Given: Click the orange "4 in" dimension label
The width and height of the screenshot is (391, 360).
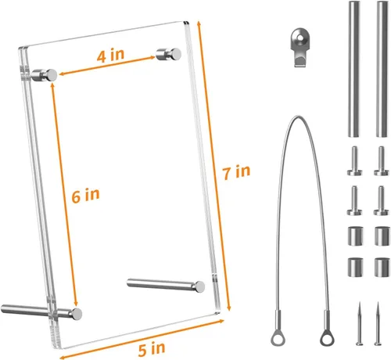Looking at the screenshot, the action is [x=110, y=55].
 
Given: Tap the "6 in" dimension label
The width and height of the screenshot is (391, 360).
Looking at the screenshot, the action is [x=86, y=196].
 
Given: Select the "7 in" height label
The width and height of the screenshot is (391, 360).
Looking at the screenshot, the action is [x=236, y=172].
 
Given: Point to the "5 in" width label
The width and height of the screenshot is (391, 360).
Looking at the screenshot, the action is [x=152, y=349].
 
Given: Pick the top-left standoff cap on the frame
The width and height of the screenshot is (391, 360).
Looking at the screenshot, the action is [x=45, y=75].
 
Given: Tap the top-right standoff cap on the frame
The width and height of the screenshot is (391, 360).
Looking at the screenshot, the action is [x=169, y=54].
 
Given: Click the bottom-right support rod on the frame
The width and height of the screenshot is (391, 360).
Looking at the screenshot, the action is [x=166, y=285].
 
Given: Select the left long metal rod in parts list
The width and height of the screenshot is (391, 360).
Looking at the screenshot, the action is [x=354, y=69].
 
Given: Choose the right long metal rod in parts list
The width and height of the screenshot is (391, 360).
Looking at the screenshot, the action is [x=382, y=69].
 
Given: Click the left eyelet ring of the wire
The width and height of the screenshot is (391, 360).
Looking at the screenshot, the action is [x=278, y=337].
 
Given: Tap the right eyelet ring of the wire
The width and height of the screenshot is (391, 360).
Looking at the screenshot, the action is [x=328, y=337].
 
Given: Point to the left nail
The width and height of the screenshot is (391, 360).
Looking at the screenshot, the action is [x=360, y=323].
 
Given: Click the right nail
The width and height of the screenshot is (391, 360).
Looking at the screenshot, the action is [x=378, y=323].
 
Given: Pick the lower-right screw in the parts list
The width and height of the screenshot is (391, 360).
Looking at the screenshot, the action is [x=382, y=200].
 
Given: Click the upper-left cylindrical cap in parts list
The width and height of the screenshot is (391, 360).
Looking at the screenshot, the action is [x=356, y=236].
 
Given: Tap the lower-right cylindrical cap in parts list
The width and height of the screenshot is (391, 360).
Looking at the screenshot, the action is [x=382, y=268].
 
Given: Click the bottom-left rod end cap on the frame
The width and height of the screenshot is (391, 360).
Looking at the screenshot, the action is [x=77, y=314].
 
